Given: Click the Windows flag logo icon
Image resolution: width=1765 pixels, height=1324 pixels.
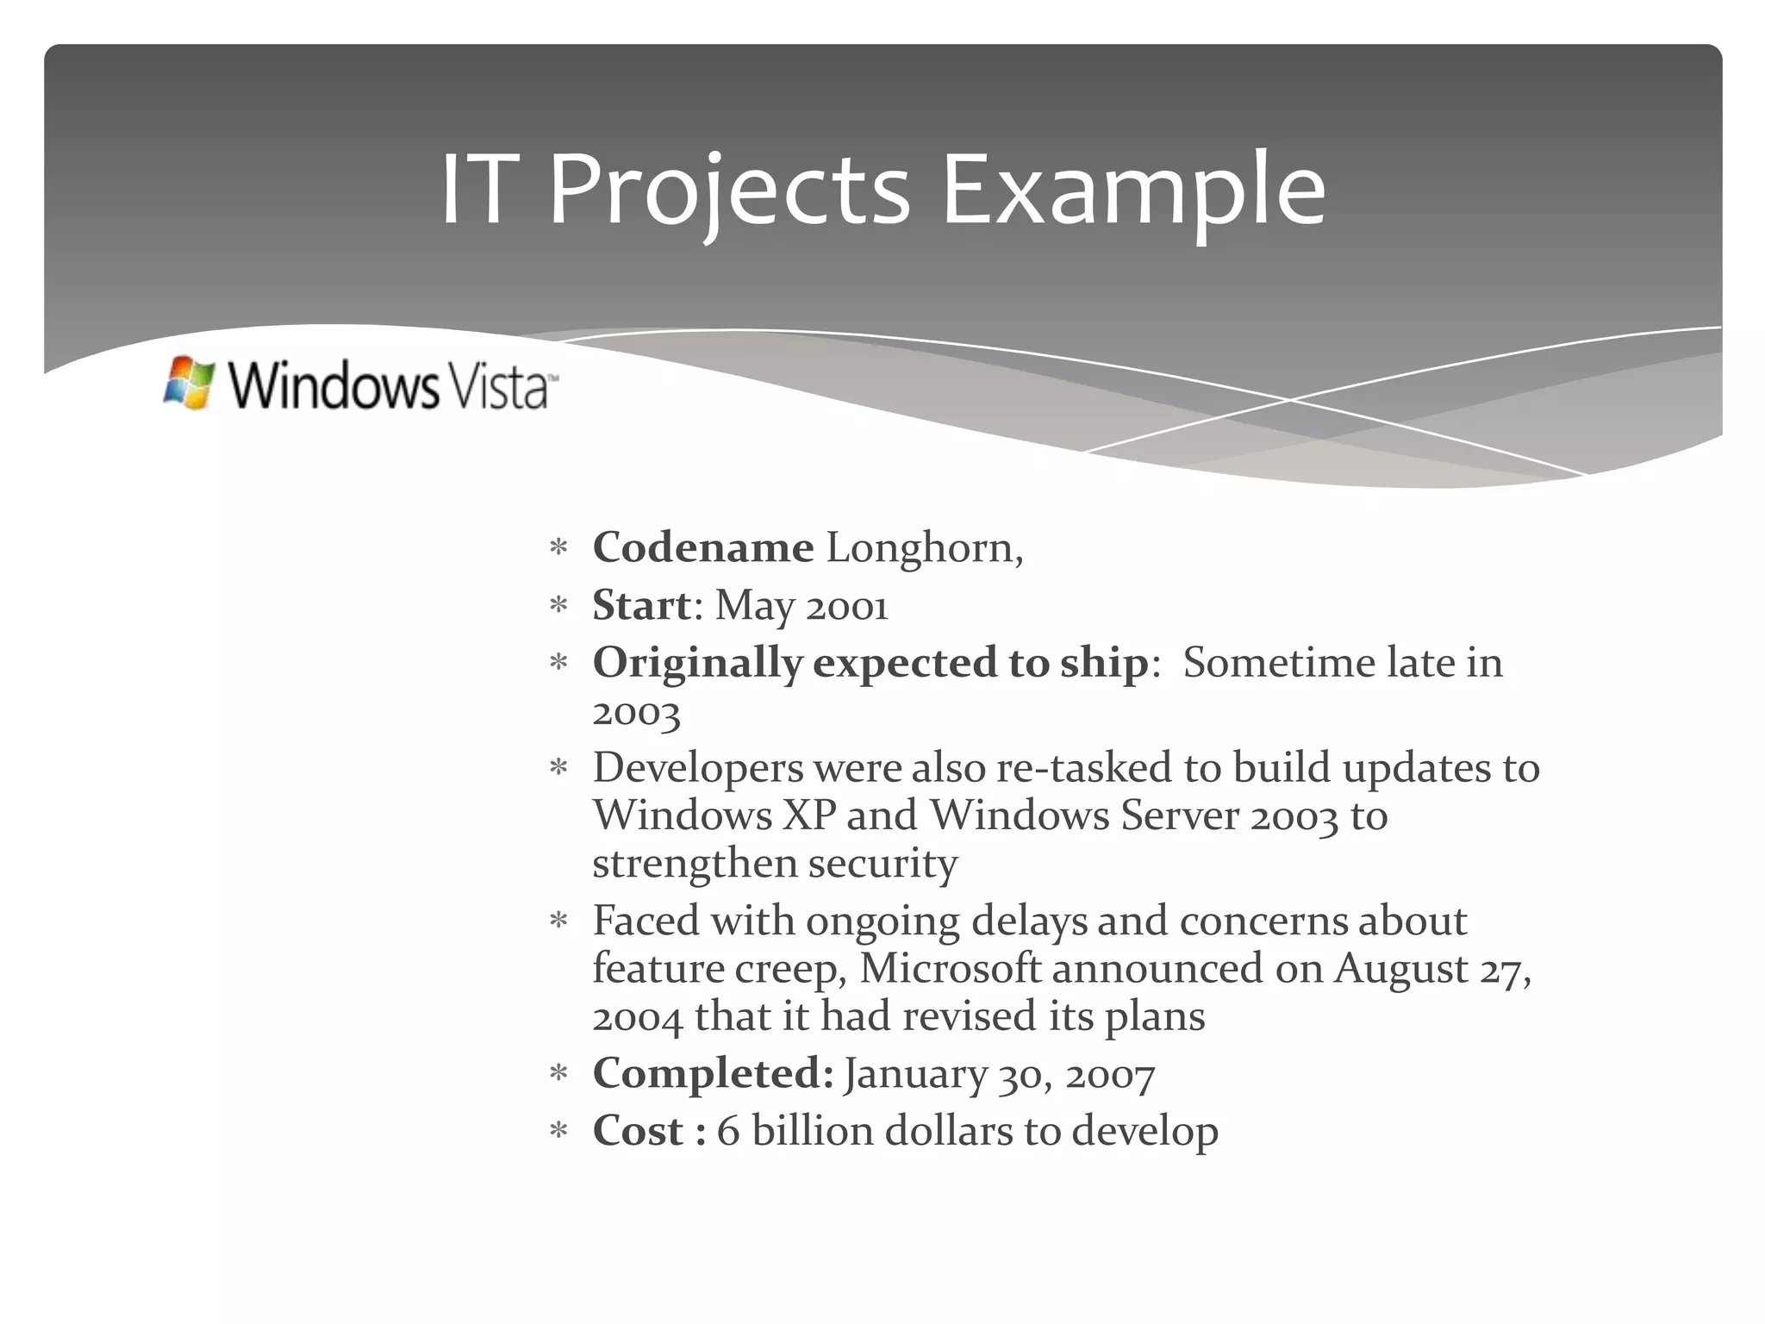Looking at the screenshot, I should [x=189, y=383].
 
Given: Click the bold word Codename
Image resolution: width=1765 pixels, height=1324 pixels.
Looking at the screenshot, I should [x=702, y=547].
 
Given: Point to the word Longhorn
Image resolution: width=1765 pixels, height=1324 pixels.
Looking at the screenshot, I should [x=924, y=548].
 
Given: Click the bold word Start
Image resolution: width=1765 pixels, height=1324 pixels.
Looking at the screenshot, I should [x=641, y=605].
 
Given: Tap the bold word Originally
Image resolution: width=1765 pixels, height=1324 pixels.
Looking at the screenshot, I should [x=697, y=664].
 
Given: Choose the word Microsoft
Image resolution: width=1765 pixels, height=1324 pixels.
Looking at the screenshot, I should [x=951, y=968].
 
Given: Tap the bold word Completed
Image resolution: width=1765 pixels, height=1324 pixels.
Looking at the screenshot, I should [x=710, y=1074].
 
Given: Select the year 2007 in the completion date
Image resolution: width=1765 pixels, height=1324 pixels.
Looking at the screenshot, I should [x=1110, y=1076].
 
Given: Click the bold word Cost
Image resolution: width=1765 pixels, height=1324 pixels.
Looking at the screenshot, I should [x=638, y=1131].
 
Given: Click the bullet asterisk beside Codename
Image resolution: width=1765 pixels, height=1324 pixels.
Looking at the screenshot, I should [x=558, y=548].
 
